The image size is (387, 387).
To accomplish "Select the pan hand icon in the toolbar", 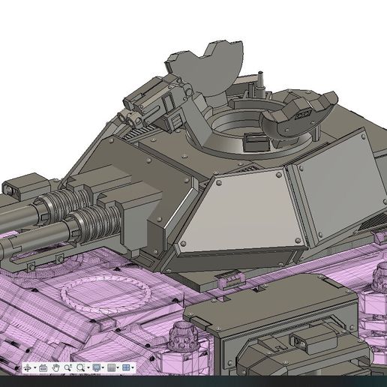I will point(55,367).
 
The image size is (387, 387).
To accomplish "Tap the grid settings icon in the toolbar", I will point(112,367).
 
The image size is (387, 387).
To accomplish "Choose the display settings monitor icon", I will point(96,367).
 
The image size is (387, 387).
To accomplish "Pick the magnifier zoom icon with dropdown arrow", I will point(81,367).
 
